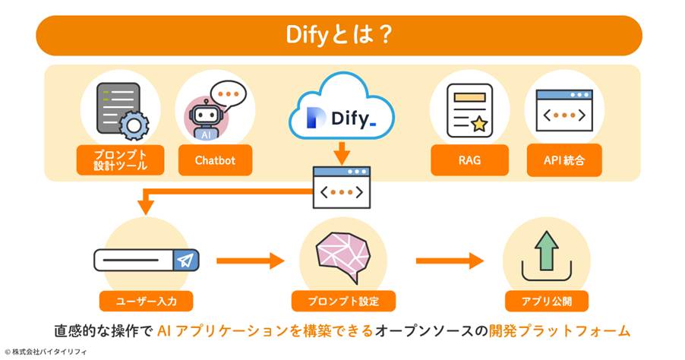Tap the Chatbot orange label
pyautogui.click(x=215, y=160)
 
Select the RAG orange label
pyautogui.click(x=469, y=160)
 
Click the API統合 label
pyautogui.click(x=564, y=160)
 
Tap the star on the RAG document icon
pyautogui.click(x=479, y=124)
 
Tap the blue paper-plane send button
pyautogui.click(x=185, y=261)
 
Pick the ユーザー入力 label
pyautogui.click(x=147, y=301)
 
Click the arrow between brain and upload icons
pyautogui.click(x=449, y=261)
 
